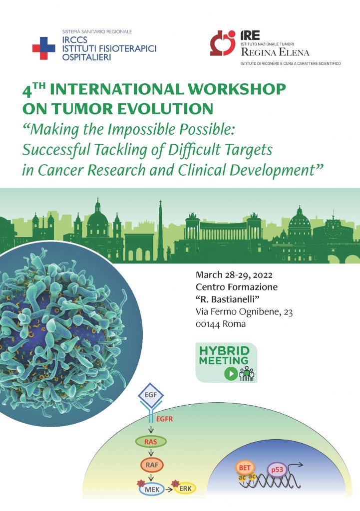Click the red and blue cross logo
tap(44, 48)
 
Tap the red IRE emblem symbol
tap(222, 43)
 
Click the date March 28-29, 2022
tap(234, 275)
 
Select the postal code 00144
tap(207, 324)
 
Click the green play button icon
tap(231, 373)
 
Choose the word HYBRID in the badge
tap(224, 351)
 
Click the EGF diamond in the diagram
tap(151, 395)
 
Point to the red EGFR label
tap(164, 419)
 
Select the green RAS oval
tap(151, 442)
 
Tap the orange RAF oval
tap(152, 465)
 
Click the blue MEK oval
tap(152, 489)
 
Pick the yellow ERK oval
tap(185, 488)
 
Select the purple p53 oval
tap(277, 470)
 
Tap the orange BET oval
tap(245, 468)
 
